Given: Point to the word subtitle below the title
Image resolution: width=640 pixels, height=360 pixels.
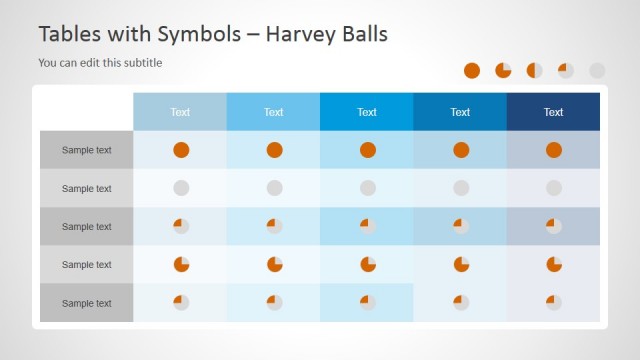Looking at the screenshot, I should click(x=140, y=63).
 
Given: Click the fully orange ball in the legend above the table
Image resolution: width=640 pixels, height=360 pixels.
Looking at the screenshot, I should click(x=473, y=70).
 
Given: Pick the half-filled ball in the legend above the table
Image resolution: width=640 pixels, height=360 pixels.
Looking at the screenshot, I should click(x=535, y=70).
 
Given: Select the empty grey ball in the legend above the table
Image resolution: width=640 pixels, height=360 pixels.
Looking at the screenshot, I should click(x=597, y=70).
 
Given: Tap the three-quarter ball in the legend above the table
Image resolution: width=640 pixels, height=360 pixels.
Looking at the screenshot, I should click(x=503, y=70).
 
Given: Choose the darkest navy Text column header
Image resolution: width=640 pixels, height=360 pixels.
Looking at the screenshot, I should click(x=553, y=112).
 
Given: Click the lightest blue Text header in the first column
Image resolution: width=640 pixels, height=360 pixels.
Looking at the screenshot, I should click(x=180, y=112).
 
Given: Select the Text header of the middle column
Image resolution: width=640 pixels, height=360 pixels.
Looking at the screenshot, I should click(x=367, y=112).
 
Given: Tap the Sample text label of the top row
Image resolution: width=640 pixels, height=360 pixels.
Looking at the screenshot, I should click(x=86, y=150).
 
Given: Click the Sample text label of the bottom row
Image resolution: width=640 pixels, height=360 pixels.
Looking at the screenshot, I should click(x=86, y=303).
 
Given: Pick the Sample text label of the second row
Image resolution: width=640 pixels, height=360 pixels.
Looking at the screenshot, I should click(x=86, y=188).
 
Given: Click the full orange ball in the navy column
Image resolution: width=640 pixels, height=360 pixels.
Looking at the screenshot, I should click(x=554, y=150).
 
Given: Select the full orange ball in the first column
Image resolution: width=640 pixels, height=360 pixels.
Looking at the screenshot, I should click(x=181, y=150).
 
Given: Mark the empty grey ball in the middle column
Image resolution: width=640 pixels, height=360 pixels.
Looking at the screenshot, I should click(x=368, y=188).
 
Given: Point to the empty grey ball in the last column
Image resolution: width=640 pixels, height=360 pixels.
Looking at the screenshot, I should click(x=554, y=188).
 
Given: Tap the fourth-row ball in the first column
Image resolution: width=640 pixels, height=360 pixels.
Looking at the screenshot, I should click(x=181, y=264).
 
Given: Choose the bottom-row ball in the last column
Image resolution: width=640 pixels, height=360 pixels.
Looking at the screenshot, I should click(x=554, y=302).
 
